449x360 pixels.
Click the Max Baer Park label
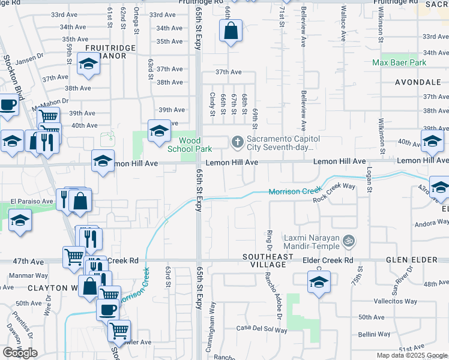(399, 62)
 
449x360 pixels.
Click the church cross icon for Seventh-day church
(237, 142)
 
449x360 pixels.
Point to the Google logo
(20, 353)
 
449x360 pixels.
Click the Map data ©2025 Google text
(411, 355)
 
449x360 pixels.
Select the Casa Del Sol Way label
(261, 329)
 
